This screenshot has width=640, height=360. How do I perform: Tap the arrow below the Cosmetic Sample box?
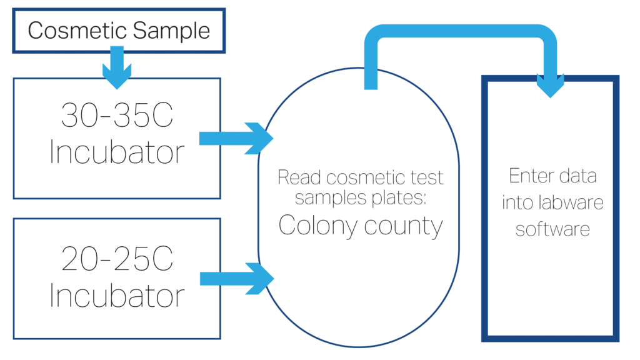[116, 70]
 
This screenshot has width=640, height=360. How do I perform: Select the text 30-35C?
[116, 116]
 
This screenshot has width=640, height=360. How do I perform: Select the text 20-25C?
[116, 258]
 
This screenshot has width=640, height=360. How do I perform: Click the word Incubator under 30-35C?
[116, 152]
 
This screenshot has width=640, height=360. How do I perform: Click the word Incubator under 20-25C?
[116, 294]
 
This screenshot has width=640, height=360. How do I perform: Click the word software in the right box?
[552, 229]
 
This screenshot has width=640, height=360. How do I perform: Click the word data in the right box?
[578, 177]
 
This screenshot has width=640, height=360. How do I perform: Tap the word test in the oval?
[429, 177]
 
